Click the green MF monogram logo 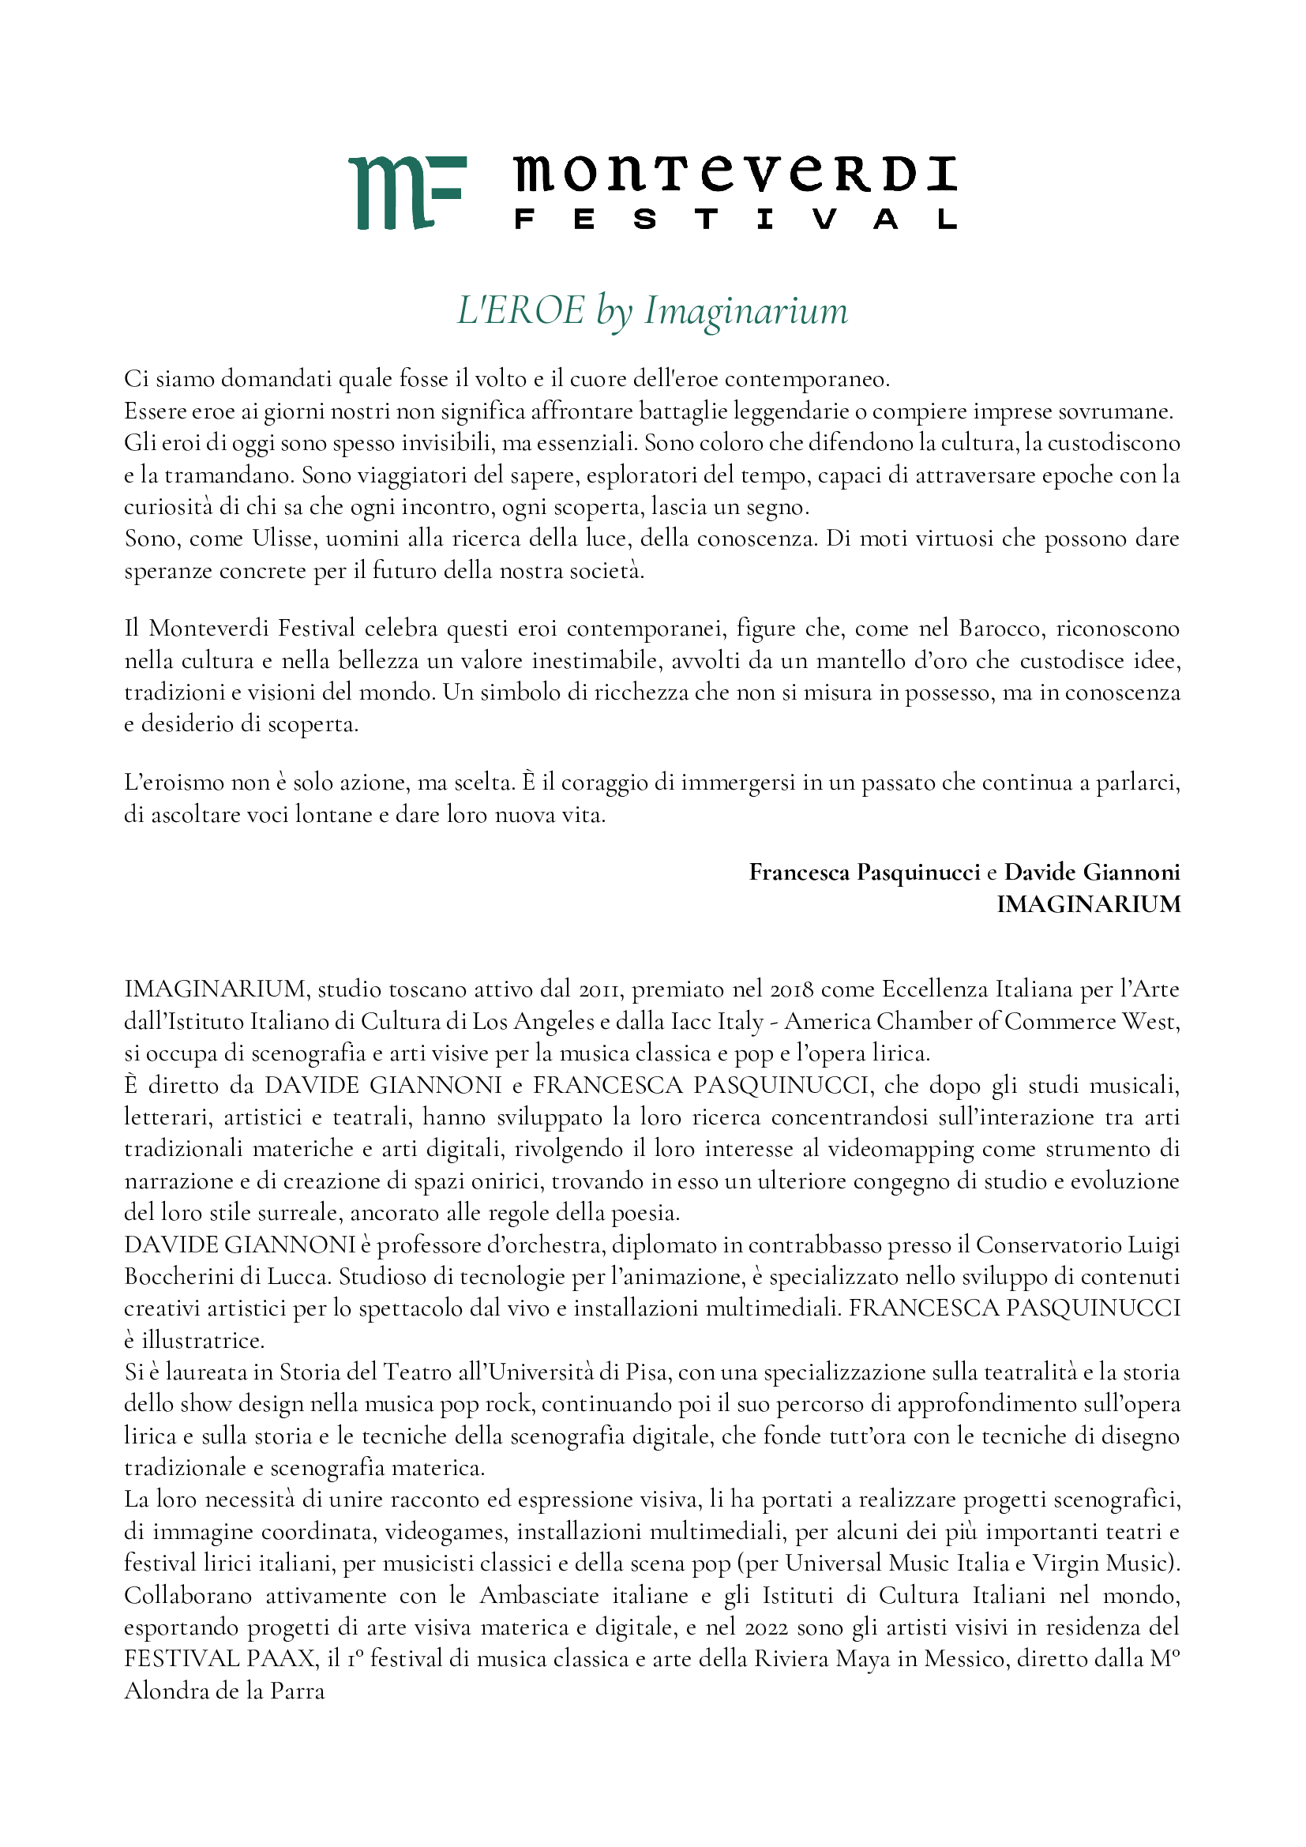pos(407,192)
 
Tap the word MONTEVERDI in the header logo pos(734,174)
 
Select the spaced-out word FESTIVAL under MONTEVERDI pos(734,220)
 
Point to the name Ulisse pos(284,539)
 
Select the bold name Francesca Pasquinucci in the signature pos(865,872)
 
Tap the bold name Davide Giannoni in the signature pos(1092,872)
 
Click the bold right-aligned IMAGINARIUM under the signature pos(1088,904)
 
